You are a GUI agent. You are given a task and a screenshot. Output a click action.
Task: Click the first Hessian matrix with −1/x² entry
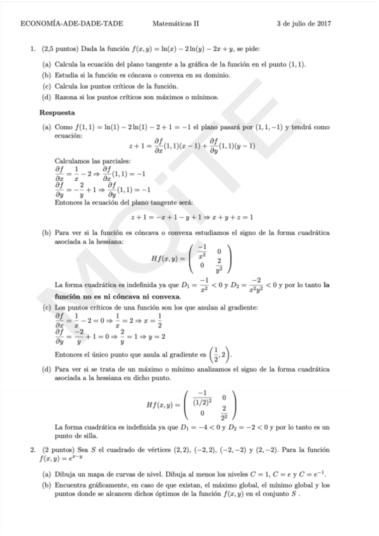point(192,258)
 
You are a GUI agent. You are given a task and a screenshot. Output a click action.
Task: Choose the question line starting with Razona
point(136,97)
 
